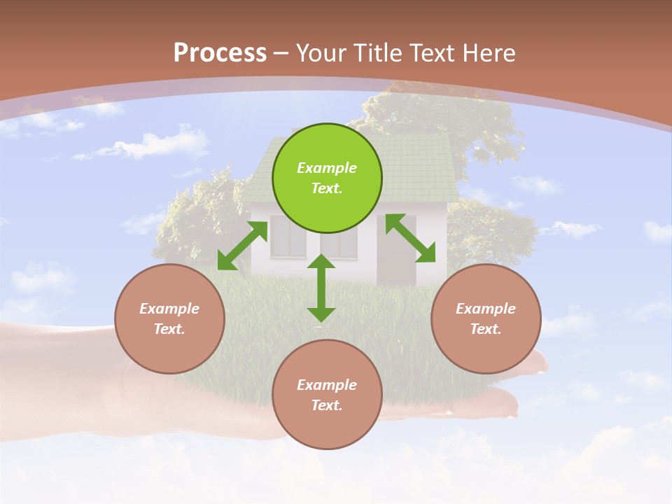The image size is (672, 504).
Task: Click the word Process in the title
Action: (x=220, y=53)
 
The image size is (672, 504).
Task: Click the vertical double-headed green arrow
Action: (x=321, y=288)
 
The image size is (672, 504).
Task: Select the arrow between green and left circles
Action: (x=242, y=246)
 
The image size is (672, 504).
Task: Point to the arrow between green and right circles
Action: (x=411, y=239)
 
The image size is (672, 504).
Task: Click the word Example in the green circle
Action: (x=327, y=168)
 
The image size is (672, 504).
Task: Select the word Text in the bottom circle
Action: (x=327, y=405)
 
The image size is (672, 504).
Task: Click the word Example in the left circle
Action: (x=169, y=309)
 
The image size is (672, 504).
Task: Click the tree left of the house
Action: (x=192, y=213)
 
